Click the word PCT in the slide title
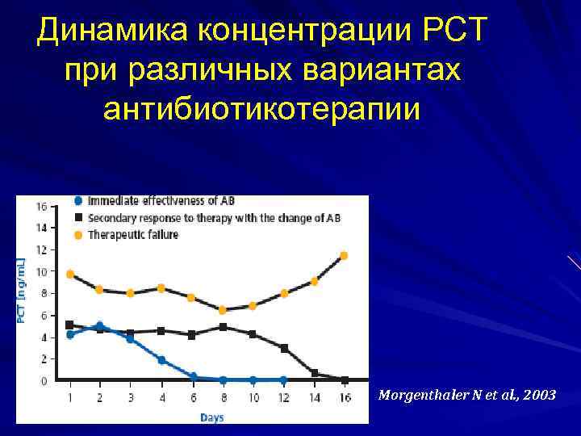445,31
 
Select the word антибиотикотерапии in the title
262,107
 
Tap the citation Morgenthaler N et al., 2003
466,396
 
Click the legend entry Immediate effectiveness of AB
161,200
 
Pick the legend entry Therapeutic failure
132,234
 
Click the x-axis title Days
212,417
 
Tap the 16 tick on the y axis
41,207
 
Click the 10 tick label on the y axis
41,272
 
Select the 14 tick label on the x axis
314,398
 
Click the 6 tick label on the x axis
193,398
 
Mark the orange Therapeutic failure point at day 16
344,255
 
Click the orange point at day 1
70,275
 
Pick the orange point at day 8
223,309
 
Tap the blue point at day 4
161,360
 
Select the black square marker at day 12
283,348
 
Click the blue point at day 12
283,379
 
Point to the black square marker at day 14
314,373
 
